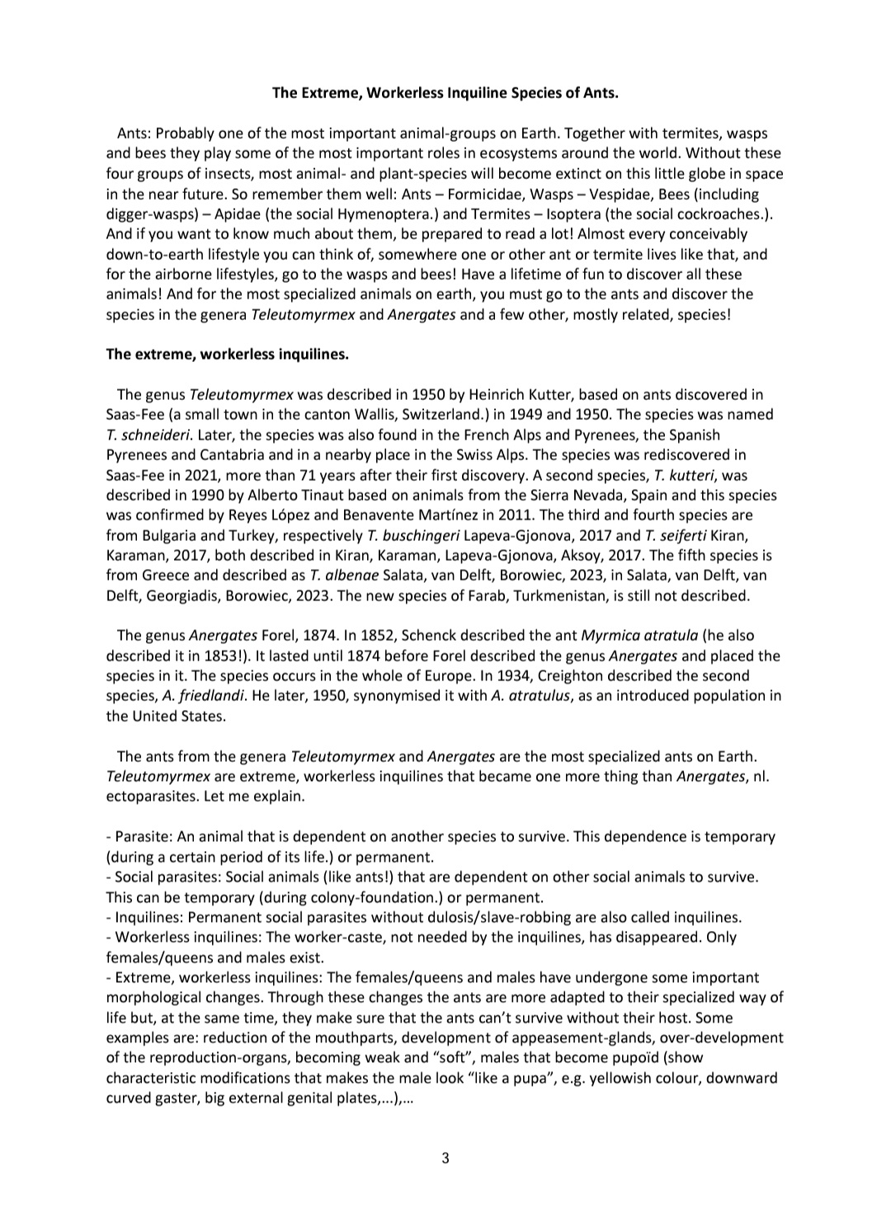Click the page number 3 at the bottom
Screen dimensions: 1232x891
[445, 1158]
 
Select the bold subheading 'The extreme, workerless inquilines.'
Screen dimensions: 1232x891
[228, 355]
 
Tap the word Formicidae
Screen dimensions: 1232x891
[469, 194]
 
